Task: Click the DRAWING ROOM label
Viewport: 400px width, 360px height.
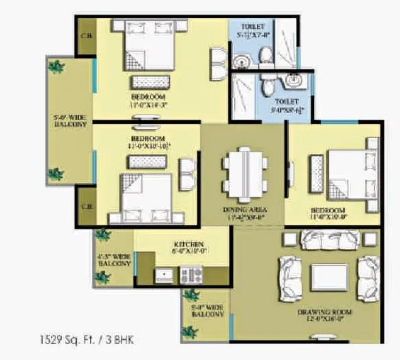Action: point(325,312)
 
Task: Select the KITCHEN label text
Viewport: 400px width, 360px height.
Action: point(188,244)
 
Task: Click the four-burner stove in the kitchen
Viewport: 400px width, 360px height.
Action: point(191,275)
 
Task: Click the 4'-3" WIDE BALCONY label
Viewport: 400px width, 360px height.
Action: point(114,260)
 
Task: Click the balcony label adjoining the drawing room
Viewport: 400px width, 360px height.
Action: point(208,310)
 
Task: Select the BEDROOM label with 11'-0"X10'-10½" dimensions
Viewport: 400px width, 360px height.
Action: point(148,138)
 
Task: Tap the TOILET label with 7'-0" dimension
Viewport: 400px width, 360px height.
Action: point(252,27)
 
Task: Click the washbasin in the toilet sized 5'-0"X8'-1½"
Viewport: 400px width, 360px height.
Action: point(293,80)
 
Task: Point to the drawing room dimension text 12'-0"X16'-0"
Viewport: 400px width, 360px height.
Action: point(325,320)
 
